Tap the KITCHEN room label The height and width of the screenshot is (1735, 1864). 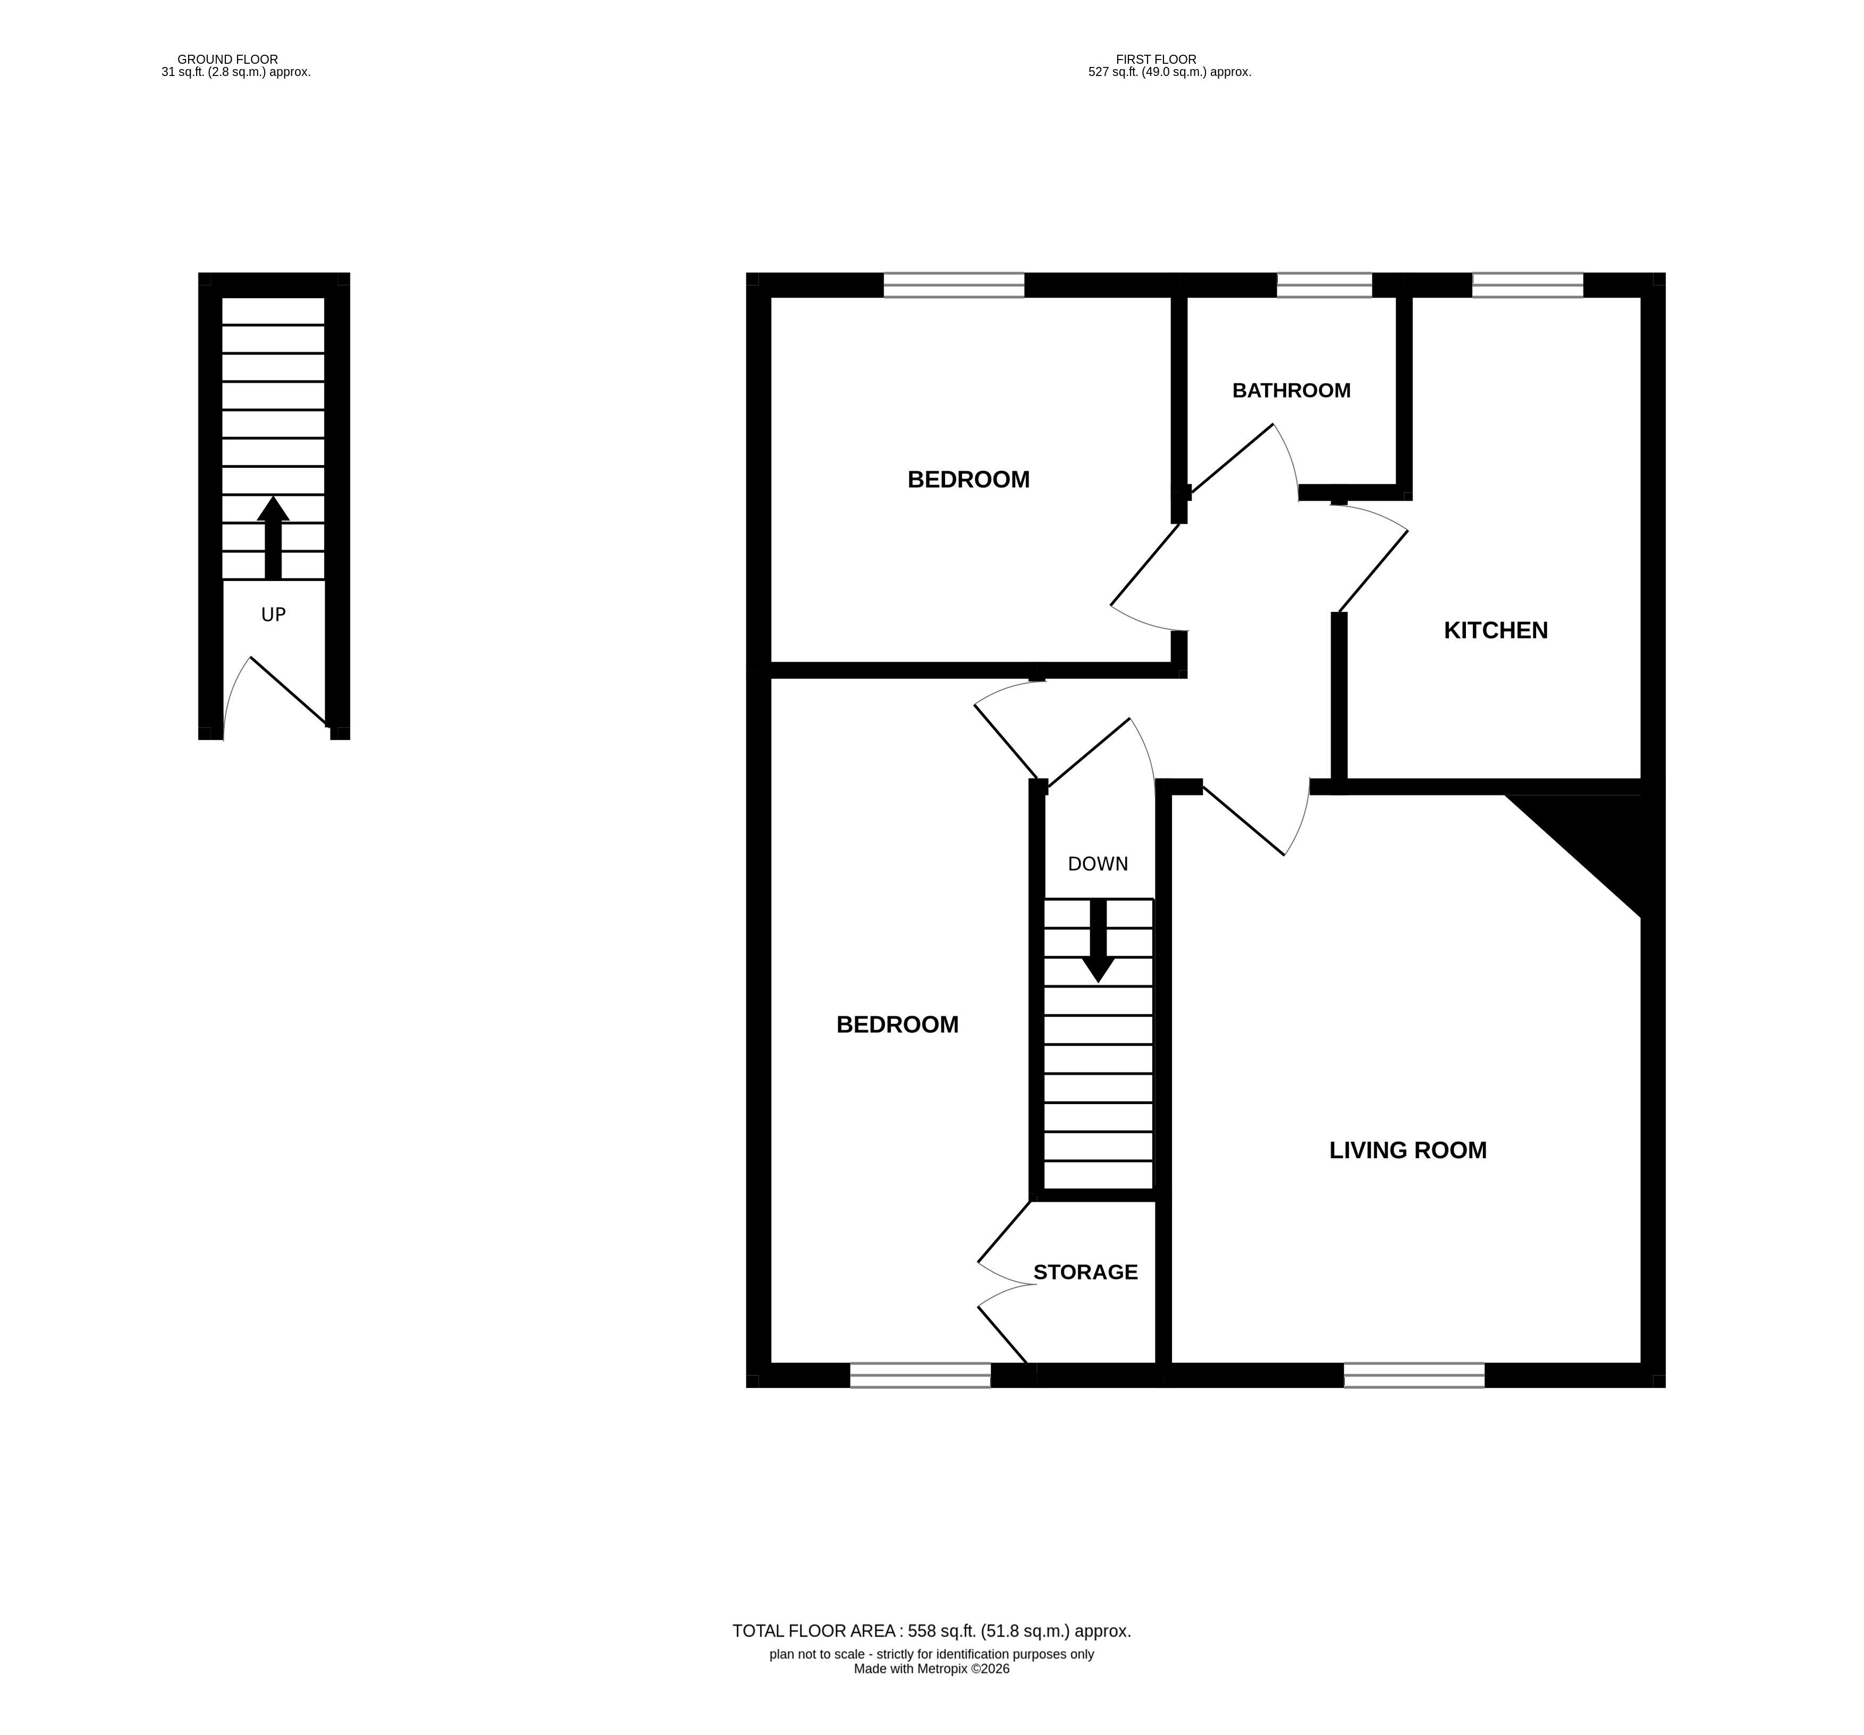(x=1496, y=630)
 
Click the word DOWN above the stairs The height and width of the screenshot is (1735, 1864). (x=1098, y=864)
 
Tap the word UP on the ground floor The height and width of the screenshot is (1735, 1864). (x=273, y=614)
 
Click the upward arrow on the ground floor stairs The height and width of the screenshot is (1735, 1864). (x=273, y=537)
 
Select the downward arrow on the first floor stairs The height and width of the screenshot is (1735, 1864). (x=1098, y=941)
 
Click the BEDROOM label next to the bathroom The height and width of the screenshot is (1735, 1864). (x=968, y=479)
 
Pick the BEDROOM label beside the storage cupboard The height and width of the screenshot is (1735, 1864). (x=897, y=1024)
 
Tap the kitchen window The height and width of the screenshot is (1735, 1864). (x=1528, y=285)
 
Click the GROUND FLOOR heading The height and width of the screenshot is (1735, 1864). (x=228, y=59)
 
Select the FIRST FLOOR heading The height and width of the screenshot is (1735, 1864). (x=1156, y=59)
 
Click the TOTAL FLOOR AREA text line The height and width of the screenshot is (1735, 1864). (x=932, y=1631)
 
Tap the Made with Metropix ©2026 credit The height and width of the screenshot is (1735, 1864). (x=932, y=1669)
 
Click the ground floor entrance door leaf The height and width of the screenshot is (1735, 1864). (x=288, y=691)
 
